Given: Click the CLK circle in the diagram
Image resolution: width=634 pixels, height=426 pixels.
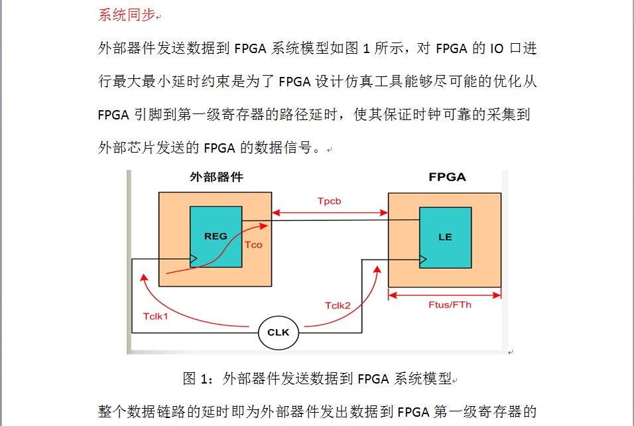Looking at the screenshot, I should pos(278,332).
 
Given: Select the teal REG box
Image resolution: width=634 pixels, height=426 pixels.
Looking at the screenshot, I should pos(216,236).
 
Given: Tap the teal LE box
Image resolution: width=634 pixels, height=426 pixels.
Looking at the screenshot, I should pos(445,237).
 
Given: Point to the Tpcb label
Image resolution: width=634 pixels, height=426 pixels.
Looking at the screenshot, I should pos(329,201).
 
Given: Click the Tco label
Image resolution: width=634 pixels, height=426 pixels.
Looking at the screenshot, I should pos(253,245).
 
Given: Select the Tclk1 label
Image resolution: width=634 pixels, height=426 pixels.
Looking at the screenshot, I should pos(156,315).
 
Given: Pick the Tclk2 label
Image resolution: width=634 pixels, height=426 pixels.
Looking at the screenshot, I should pos(338,305).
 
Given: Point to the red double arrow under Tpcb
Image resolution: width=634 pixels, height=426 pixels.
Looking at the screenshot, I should pos(330,213).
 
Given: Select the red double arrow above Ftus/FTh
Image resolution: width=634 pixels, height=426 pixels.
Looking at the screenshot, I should pos(444,294).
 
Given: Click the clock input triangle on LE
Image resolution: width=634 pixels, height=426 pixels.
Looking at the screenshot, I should pos(422,259).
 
